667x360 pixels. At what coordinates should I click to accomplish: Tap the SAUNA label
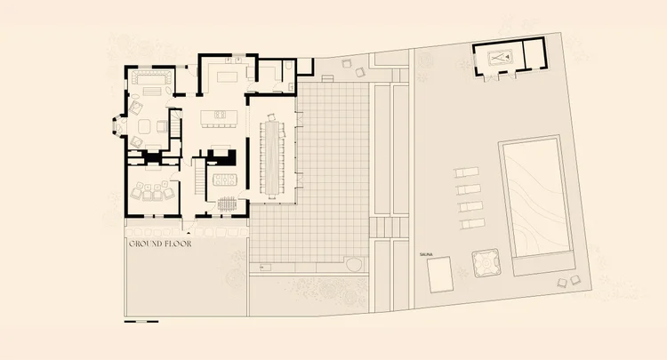coord(425,254)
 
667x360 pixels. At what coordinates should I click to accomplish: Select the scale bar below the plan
coord(141,321)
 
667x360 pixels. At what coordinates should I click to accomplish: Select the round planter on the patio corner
coord(353,264)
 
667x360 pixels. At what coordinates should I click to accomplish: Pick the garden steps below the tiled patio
coord(383,228)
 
